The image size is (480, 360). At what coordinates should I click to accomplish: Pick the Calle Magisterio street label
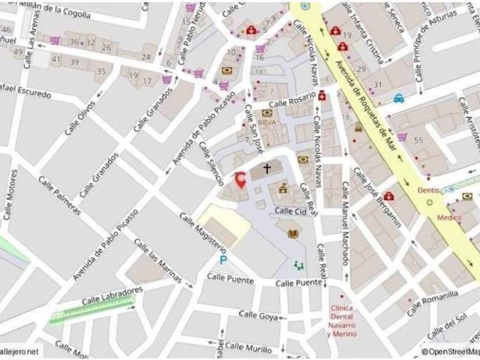[x=202, y=232]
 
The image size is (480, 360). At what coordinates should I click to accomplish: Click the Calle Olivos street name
[x=79, y=118]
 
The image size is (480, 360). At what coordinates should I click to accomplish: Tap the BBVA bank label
[x=266, y=121]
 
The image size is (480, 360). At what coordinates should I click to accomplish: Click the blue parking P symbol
[x=223, y=259]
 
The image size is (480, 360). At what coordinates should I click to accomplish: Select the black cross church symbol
[x=266, y=168]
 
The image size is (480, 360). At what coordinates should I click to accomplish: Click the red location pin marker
[x=241, y=180]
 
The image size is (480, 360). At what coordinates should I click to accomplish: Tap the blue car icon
[x=399, y=97]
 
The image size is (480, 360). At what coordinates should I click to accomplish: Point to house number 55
[x=418, y=140]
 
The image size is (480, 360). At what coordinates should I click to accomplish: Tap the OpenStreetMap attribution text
[x=450, y=352]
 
